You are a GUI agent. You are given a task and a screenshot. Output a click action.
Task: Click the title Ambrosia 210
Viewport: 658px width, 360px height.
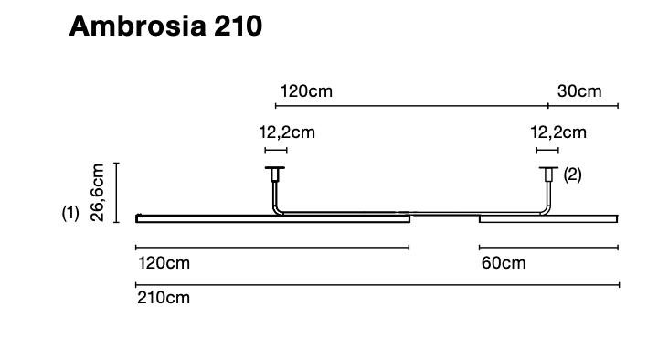(165, 26)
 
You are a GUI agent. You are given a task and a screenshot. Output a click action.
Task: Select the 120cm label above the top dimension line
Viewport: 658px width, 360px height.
(306, 91)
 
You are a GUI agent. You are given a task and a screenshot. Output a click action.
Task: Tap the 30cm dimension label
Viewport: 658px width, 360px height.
(579, 91)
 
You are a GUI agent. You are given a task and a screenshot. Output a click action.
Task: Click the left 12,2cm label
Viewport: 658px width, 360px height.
(286, 132)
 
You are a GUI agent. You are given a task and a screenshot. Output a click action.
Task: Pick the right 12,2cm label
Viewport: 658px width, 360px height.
(558, 132)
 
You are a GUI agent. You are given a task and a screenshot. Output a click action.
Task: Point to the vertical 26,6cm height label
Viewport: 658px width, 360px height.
(99, 192)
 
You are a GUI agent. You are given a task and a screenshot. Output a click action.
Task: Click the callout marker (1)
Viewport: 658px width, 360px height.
(70, 213)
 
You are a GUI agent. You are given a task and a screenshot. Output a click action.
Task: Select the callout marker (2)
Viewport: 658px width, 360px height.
(572, 175)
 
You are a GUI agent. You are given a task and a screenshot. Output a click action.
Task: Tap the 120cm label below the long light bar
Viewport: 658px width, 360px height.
(164, 263)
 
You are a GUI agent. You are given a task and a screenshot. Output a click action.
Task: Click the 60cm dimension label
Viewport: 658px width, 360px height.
(504, 263)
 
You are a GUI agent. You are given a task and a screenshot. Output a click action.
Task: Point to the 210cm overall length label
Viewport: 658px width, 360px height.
(164, 298)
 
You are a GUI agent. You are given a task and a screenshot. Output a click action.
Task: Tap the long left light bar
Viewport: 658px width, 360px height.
(272, 219)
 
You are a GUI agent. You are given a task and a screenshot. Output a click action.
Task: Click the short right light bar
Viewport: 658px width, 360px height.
(548, 219)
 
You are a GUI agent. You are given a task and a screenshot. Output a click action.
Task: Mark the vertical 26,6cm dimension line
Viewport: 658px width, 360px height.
(116, 192)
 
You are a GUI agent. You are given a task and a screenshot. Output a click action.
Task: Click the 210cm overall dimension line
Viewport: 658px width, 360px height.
(377, 285)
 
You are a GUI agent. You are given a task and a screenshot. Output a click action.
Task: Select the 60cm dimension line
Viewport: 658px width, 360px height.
(548, 247)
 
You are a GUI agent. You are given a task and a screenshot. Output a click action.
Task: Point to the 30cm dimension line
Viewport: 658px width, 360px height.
(583, 106)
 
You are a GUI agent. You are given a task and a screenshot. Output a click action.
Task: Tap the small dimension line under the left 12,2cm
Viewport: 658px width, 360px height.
(275, 150)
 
